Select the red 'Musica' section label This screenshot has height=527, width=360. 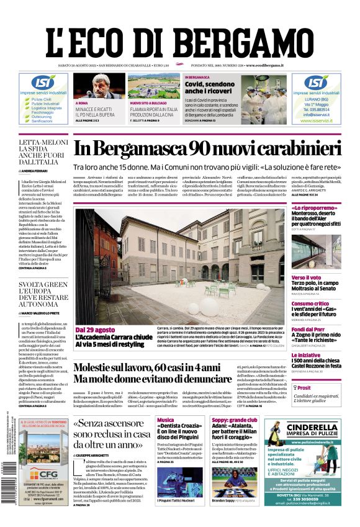166,420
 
